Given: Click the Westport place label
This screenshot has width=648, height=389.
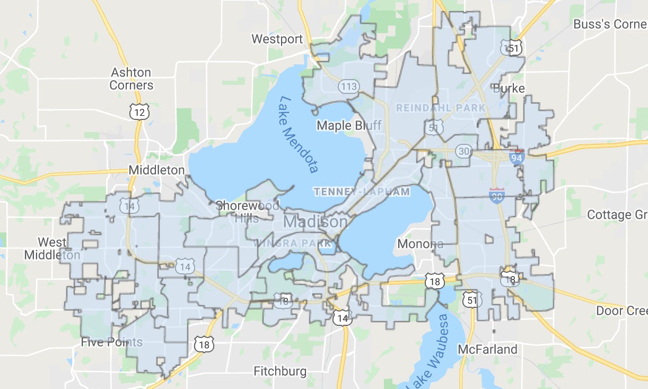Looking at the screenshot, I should (277, 39).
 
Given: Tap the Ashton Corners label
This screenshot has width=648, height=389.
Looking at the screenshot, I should (131, 79).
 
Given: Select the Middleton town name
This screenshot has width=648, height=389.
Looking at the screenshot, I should (157, 170).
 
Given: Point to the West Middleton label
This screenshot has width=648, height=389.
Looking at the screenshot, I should (52, 248).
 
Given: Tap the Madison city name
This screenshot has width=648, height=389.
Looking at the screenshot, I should (316, 221).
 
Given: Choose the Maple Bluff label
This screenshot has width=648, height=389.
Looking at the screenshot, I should (341, 126).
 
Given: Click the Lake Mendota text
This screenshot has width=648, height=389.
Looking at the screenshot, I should (299, 134).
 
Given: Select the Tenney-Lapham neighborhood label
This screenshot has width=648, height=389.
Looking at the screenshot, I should (362, 192).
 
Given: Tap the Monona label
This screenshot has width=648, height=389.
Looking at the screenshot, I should (420, 244).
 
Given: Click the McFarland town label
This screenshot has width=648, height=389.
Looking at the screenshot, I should (487, 349).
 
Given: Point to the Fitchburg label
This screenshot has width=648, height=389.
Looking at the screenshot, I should (280, 371).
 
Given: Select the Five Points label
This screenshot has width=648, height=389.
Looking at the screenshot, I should (111, 342).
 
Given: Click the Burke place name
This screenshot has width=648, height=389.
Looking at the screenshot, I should (509, 88).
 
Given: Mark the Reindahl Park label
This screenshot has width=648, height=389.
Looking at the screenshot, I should (441, 108).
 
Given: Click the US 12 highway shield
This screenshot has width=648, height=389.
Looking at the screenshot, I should (139, 112).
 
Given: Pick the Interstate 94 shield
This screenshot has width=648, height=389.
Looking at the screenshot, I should (517, 157).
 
